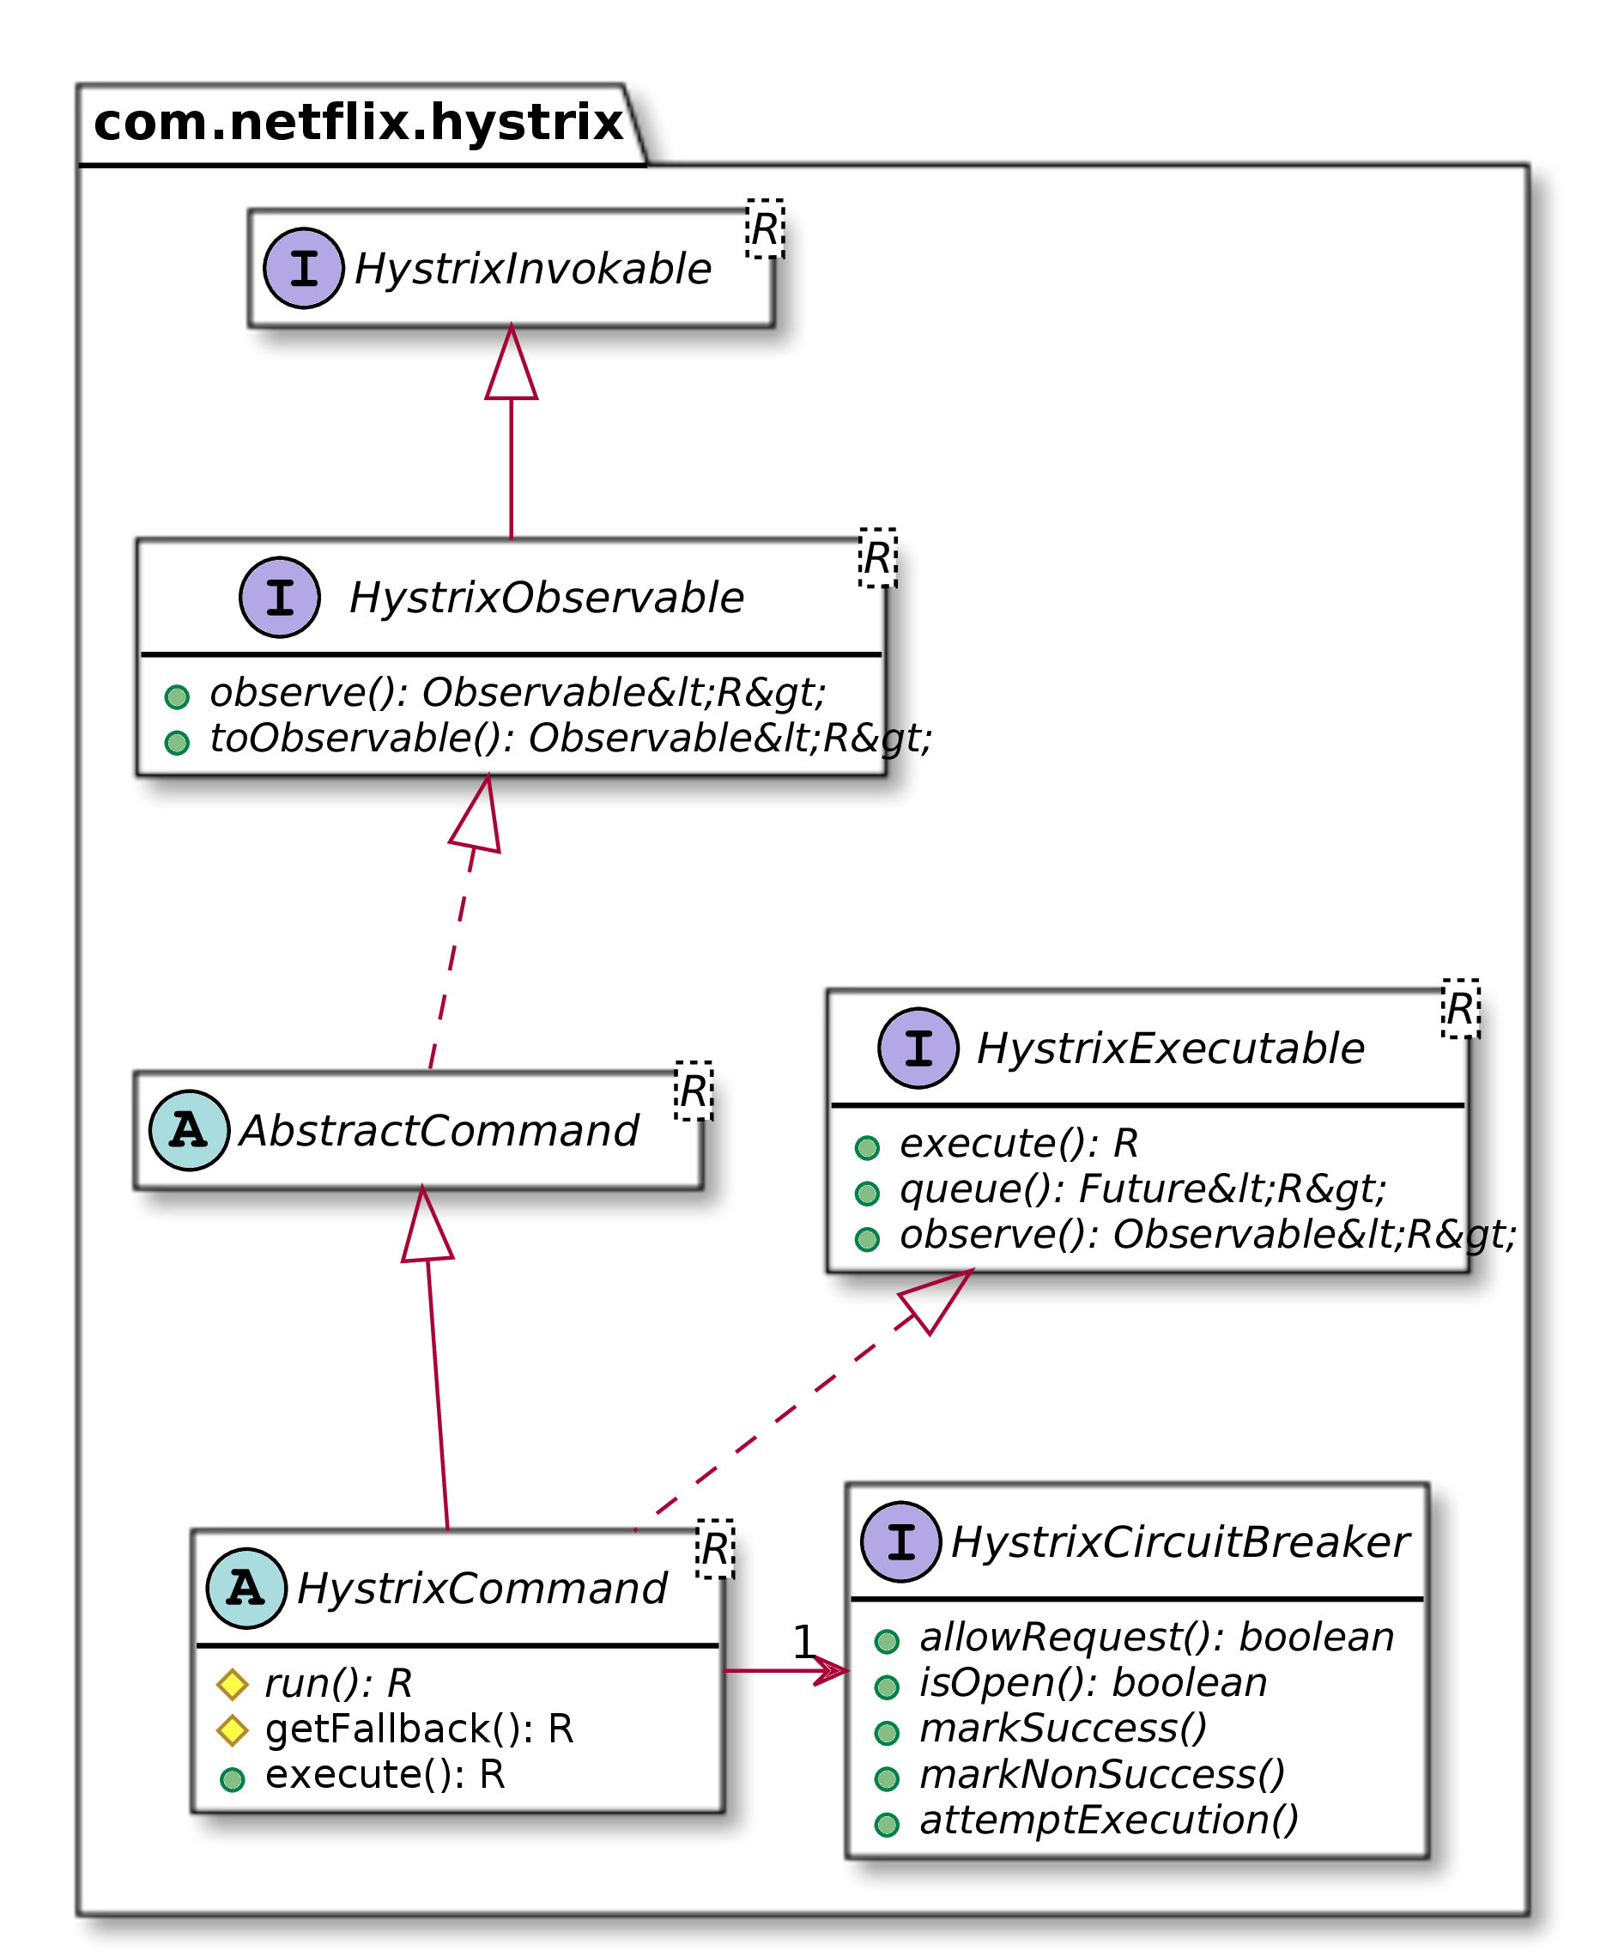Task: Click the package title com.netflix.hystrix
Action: pos(358,123)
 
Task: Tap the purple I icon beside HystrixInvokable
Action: pos(304,268)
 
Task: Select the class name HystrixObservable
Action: pos(546,598)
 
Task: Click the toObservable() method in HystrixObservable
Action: pos(570,738)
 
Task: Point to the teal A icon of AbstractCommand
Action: pos(189,1130)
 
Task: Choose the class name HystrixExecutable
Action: pos(1170,1048)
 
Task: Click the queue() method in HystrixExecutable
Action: pos(1142,1189)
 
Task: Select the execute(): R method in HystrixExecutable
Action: pos(1018,1144)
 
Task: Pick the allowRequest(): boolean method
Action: pos(1156,1637)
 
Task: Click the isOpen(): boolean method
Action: pos(1093,1682)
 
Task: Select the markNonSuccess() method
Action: pos(1102,1774)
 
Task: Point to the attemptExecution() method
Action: pos(1108,1819)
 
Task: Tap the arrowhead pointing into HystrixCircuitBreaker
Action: pos(833,1670)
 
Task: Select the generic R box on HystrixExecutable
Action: pos(1460,1009)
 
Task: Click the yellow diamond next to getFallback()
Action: pos(233,1729)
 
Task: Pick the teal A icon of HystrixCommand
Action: pos(246,1588)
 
